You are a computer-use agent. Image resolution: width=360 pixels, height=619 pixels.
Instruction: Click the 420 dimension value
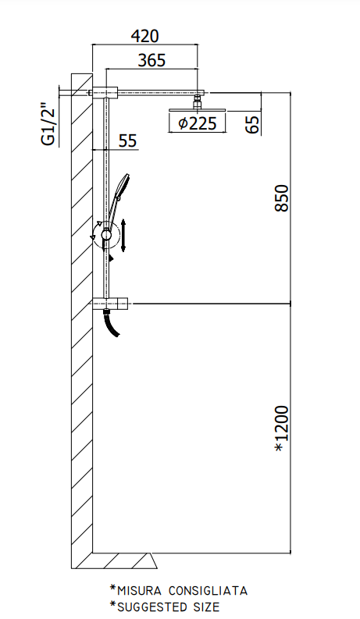coord(144,36)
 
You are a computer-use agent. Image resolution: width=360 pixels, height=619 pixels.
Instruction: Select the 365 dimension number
coord(151,60)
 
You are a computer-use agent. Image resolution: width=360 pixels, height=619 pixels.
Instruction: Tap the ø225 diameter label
coord(198,123)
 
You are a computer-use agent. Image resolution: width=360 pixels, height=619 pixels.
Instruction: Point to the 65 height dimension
coord(253,124)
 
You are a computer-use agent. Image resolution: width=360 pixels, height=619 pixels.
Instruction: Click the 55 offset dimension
coord(127,141)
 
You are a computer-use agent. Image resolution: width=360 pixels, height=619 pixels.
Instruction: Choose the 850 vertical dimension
coord(282,197)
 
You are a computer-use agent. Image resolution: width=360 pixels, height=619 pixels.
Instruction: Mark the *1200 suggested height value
coord(282,429)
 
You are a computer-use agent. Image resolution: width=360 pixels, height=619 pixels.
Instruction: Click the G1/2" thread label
coord(49,124)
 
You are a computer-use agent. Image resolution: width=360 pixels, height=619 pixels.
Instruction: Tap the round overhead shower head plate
coord(198,109)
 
